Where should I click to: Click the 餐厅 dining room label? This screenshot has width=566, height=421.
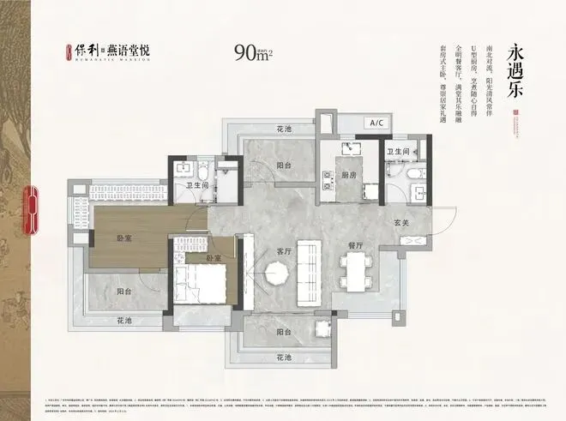(x=356, y=245)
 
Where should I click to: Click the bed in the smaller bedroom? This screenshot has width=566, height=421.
(x=201, y=283)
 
